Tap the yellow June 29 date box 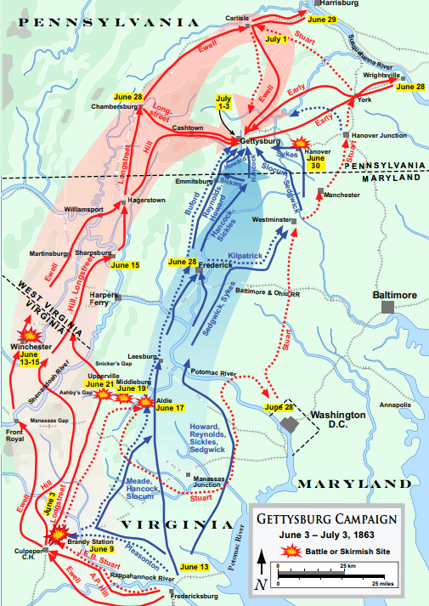[323, 19]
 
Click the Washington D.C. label [337, 419]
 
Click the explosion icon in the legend [291, 552]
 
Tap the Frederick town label [216, 264]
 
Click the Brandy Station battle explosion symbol [58, 533]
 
